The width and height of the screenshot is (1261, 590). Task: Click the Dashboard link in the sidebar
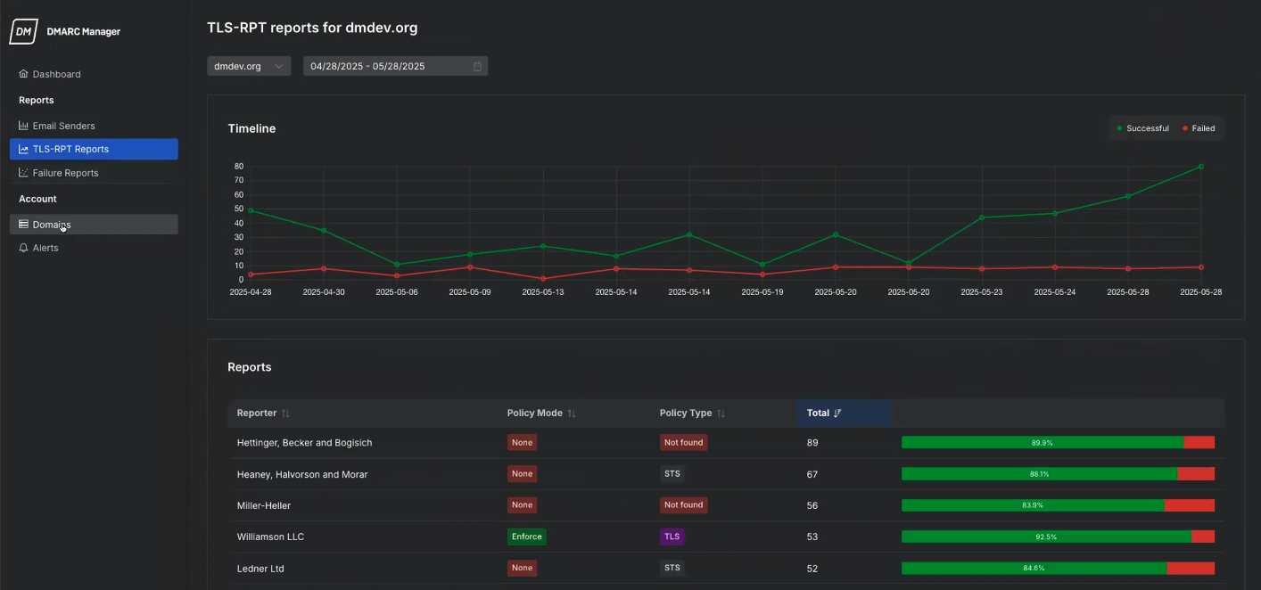(x=56, y=74)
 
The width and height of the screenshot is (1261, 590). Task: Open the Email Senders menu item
(x=63, y=126)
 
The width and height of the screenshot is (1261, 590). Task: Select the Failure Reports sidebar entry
(x=65, y=173)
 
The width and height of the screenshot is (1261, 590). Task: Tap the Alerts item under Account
(x=45, y=248)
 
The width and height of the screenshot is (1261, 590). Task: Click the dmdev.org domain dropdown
(x=248, y=66)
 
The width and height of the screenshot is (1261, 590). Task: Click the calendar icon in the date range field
(x=477, y=66)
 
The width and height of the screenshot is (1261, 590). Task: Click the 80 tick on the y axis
(x=239, y=167)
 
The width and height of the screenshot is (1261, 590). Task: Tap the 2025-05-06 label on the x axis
(x=397, y=291)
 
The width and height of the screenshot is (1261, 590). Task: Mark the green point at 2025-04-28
(x=251, y=210)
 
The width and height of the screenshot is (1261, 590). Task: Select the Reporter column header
(x=257, y=414)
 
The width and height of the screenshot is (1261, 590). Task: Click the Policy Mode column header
(x=535, y=414)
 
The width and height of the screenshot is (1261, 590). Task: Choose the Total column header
(x=819, y=414)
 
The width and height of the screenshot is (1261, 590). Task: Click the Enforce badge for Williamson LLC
(x=526, y=537)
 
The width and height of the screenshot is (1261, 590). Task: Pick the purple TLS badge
(x=672, y=537)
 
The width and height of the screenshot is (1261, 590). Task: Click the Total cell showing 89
(x=812, y=443)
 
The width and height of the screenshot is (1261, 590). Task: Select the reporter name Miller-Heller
(x=263, y=505)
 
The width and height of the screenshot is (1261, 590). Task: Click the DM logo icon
(x=23, y=32)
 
